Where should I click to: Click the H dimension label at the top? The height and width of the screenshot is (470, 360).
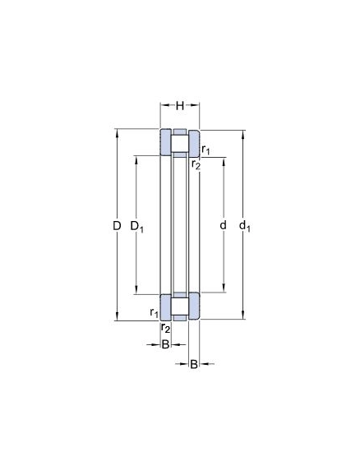[180, 105]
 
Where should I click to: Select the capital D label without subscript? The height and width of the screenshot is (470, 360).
[117, 225]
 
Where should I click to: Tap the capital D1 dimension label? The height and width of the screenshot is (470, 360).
[137, 226]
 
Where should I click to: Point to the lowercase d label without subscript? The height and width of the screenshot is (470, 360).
[223, 225]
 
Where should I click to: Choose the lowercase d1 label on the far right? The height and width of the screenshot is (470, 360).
[245, 226]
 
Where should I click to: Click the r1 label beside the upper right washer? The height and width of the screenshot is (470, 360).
[205, 150]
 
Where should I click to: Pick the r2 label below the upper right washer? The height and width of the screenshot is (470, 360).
[196, 164]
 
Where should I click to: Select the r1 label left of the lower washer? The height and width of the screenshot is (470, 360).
[154, 312]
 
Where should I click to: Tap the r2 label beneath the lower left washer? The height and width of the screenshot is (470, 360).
[165, 328]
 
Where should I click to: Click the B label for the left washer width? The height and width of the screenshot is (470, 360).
[165, 344]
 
